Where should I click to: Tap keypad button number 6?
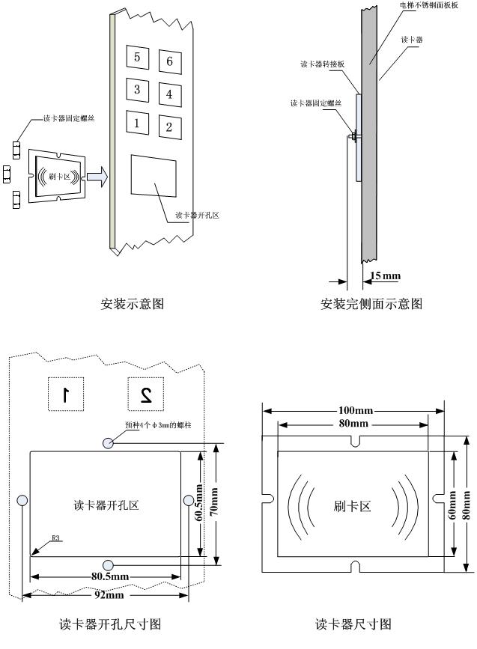170,61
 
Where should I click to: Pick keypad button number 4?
170,94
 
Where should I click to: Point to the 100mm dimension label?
353,411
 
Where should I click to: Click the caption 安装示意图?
132,304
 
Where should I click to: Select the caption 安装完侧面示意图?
371,304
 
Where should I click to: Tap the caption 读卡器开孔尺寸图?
110,624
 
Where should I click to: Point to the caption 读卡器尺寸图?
353,624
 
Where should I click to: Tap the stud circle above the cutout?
109,443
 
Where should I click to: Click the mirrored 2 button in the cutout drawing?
146,394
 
